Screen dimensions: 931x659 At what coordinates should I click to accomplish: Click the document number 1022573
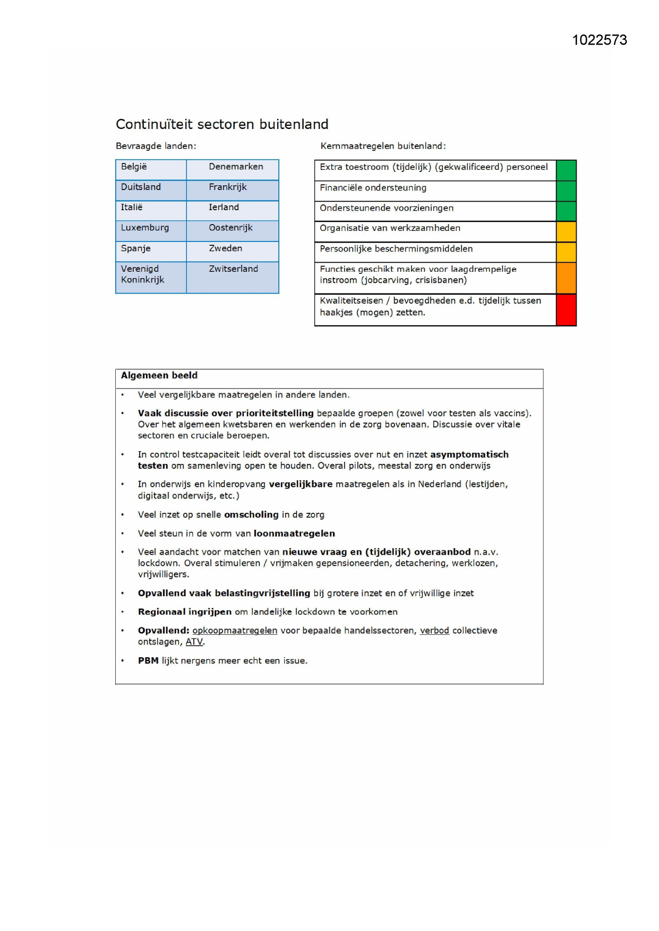600,40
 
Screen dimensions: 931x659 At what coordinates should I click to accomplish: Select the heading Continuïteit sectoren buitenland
222,124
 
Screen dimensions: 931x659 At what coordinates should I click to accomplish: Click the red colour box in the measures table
566,309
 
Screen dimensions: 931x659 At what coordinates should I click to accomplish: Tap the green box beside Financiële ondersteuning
566,191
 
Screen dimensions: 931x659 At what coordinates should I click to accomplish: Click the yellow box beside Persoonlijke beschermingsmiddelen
566,252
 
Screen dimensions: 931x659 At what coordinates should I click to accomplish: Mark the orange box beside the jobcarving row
566,278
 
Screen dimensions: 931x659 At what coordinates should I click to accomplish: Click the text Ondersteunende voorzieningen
387,208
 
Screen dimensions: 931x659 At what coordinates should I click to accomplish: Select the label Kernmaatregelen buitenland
383,146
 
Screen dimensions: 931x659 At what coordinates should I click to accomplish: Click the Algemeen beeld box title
159,376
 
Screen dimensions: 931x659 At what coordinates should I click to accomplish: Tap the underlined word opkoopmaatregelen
235,631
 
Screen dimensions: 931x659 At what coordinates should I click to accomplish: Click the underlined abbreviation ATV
194,642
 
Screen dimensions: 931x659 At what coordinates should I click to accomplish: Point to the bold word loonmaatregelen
294,533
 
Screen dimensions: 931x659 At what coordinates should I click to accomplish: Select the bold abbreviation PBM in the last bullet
148,661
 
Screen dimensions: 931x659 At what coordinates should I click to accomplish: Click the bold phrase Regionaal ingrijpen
185,612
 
